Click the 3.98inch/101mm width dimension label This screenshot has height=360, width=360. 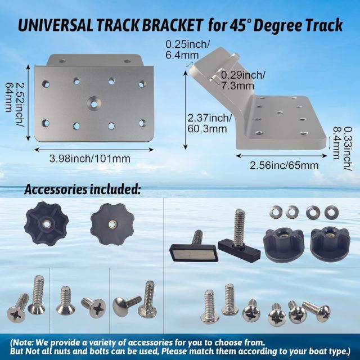(x=91, y=159)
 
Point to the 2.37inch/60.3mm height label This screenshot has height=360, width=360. (x=209, y=123)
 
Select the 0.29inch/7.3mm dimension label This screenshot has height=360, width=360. (x=242, y=79)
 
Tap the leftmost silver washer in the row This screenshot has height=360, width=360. (x=276, y=213)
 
